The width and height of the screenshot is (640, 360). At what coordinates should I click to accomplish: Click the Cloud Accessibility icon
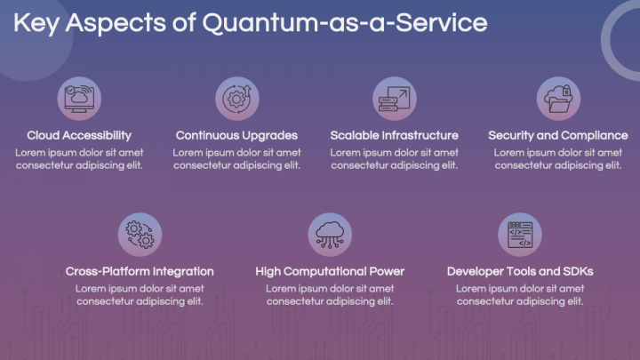[79, 99]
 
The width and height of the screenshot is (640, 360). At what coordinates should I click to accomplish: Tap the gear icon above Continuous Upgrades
[237, 99]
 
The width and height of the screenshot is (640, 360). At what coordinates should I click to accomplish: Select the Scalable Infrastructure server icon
[395, 99]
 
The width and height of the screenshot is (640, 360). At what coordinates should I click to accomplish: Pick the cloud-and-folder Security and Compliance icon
[558, 99]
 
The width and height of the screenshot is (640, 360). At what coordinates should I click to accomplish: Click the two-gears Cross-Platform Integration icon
[140, 235]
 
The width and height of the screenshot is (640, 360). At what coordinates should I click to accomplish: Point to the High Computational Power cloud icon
[330, 235]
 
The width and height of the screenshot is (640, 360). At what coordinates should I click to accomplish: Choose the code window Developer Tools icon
[520, 235]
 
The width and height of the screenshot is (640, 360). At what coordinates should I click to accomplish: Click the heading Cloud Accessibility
[79, 135]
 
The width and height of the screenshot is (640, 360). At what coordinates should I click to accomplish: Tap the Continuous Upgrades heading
[236, 135]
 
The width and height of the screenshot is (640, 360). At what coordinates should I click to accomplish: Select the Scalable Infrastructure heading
[395, 135]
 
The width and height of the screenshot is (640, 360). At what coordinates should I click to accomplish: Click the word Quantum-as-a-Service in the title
[345, 23]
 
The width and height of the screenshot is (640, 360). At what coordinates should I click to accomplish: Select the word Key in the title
[36, 24]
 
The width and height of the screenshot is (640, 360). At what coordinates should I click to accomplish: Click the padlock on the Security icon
[566, 91]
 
